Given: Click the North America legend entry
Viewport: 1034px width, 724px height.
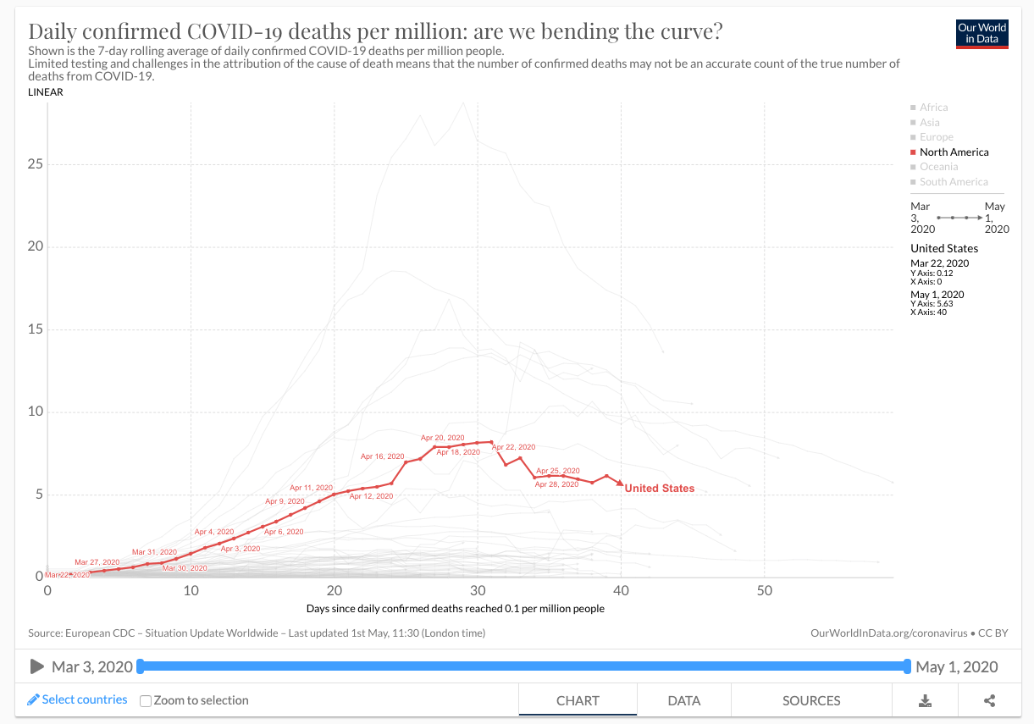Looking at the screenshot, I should pos(954,152).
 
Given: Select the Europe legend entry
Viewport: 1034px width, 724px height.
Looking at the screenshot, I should pos(936,137).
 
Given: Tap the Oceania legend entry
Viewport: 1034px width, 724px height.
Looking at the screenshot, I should pos(938,167).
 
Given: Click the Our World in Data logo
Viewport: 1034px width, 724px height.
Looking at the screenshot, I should pos(981,34).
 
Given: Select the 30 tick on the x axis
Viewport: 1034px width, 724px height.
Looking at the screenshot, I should pos(478,590).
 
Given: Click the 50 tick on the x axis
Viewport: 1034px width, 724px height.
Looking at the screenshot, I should pos(765,590).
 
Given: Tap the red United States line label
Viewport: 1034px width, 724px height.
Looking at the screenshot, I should pos(659,489).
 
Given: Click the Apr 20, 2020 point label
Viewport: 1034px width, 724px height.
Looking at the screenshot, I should pos(443,438).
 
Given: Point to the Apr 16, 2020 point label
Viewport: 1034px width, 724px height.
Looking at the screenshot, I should pos(383,456).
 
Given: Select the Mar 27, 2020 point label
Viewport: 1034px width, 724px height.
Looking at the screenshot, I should pos(97,562).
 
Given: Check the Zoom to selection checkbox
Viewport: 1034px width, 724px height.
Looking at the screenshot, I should pos(146,701).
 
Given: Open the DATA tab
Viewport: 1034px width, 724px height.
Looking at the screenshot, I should pos(683,701).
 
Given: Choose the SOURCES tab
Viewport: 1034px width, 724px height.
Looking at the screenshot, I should pos(811,701).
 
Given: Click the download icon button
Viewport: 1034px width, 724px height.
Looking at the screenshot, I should pos(926,701).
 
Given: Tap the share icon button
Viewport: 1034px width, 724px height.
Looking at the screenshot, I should pos(989,701).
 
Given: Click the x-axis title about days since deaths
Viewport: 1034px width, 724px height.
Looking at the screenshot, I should pos(455,609).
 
